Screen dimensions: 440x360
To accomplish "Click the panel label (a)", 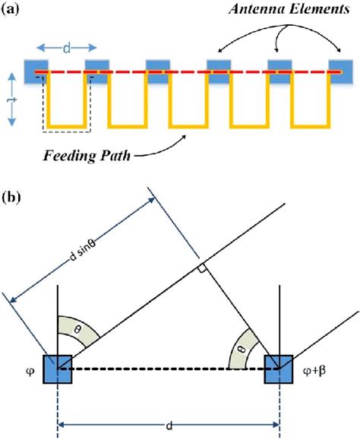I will [x=14, y=13].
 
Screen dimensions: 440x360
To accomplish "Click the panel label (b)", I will [x=14, y=199].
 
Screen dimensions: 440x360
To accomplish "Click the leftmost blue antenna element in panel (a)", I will [x=35, y=71].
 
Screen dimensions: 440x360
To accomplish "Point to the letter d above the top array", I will [x=68, y=48].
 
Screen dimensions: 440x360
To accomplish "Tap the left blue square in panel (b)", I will [x=57, y=371].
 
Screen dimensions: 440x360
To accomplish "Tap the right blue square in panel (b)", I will [x=279, y=371].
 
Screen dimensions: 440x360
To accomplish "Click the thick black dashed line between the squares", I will [x=167, y=371].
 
